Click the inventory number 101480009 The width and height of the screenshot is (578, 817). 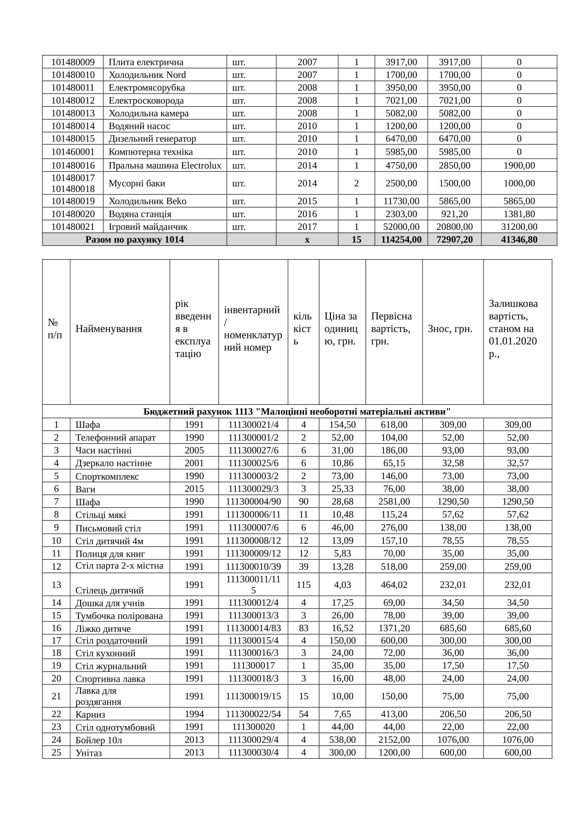tap(73, 62)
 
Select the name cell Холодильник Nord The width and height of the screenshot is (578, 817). tap(147, 75)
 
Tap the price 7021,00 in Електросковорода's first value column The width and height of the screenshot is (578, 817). tap(401, 100)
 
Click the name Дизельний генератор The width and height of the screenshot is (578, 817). tap(152, 138)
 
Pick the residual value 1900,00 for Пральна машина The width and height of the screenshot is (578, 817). tap(519, 166)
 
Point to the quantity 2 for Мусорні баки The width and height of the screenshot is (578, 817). tap(356, 183)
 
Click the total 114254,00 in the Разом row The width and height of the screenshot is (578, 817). tap(401, 240)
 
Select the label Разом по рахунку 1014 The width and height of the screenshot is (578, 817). tap(135, 240)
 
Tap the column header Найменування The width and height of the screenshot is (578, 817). tap(109, 329)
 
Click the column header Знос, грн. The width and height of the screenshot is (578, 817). tap(450, 329)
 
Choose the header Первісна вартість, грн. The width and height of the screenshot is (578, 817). tap(391, 328)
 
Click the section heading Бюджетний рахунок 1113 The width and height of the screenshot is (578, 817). tap(297, 412)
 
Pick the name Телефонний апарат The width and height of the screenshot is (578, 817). tap(115, 438)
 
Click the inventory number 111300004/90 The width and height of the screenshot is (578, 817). tap(253, 502)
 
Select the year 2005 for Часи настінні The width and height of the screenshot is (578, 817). tap(194, 451)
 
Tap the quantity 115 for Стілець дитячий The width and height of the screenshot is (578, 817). tap(304, 585)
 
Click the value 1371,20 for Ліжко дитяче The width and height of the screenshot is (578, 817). tap(394, 628)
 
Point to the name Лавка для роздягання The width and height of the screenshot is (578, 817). tap(98, 696)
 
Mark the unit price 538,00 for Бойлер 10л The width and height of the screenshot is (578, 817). tap(342, 740)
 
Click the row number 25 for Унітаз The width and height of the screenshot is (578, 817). tap(56, 753)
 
